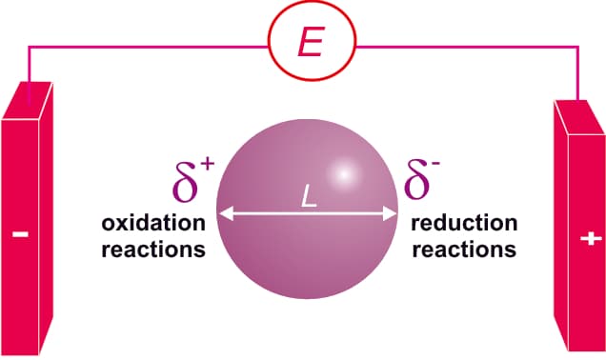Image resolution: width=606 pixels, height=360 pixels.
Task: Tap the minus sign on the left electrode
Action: (x=21, y=232)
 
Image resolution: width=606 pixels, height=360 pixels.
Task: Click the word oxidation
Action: (x=152, y=225)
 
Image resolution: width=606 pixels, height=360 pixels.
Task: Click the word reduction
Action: (x=465, y=224)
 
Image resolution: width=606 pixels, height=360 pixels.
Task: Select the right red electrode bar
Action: (x=577, y=229)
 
